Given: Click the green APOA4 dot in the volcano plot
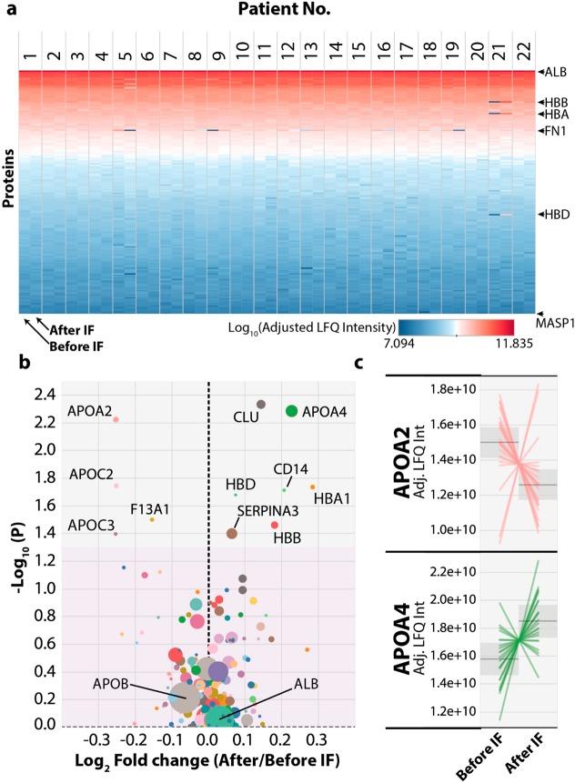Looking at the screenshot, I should tap(291, 411).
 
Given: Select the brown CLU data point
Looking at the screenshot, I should tap(260, 404).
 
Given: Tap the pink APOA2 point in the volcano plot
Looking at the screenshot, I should tap(116, 419).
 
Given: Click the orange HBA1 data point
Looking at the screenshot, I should tap(312, 487).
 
